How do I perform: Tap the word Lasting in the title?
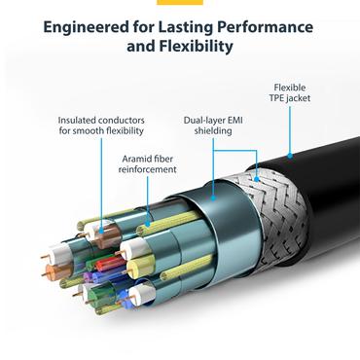196,26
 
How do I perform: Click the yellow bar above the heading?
180,2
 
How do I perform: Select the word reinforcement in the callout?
148,168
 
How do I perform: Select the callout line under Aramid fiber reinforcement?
149,195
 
